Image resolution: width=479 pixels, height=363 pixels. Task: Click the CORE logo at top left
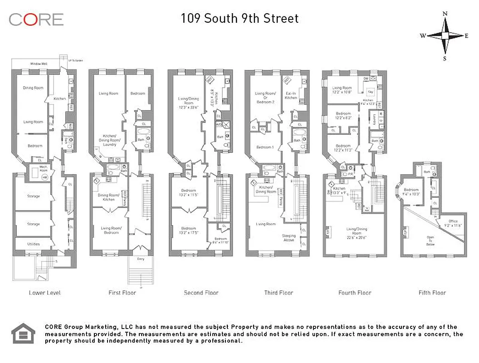(36, 19)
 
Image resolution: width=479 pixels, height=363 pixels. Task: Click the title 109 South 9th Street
(239, 19)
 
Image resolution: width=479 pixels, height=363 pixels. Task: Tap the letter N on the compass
(445, 14)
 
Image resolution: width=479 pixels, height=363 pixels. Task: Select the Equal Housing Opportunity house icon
(23, 333)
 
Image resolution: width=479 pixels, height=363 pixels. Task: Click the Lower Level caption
(44, 293)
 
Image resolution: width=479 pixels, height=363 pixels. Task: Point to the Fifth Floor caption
(432, 293)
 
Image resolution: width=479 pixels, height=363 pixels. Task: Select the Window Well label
(39, 64)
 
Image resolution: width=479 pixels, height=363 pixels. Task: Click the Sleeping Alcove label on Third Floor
(288, 238)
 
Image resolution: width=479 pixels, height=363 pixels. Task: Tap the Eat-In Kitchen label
(290, 95)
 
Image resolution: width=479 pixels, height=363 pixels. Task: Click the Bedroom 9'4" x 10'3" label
(411, 192)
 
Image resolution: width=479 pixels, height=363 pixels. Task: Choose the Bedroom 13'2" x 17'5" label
(189, 231)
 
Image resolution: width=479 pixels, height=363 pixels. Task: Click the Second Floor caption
(201, 293)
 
